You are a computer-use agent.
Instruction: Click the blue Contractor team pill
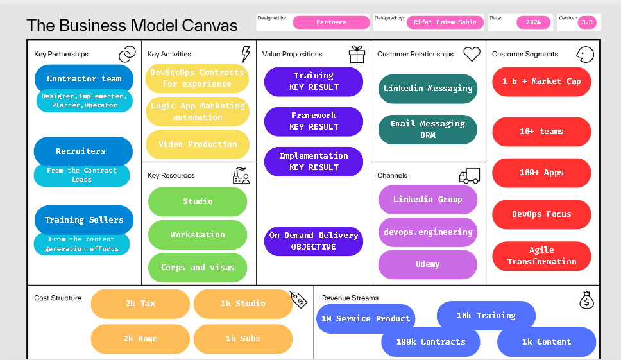(x=84, y=78)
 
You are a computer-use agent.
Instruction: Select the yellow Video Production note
(x=198, y=144)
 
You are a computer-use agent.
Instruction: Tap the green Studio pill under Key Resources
(x=198, y=201)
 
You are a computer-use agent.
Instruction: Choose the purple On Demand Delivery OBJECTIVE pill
(x=314, y=241)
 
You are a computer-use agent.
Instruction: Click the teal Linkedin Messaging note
(x=428, y=89)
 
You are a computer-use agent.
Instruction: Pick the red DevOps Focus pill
(x=541, y=214)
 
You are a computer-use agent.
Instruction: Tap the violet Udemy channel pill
(x=428, y=264)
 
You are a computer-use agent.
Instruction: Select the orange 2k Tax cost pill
(x=140, y=304)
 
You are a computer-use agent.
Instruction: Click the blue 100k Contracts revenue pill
(x=431, y=342)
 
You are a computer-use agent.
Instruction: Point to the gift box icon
(x=357, y=55)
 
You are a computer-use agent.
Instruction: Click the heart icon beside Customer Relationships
(x=472, y=54)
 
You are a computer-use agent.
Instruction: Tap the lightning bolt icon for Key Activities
(x=246, y=54)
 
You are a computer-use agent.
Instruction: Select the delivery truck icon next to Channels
(x=470, y=176)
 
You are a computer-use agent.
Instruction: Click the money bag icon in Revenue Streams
(x=586, y=300)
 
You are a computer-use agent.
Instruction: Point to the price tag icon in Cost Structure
(x=298, y=300)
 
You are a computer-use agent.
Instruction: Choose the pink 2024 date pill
(x=534, y=22)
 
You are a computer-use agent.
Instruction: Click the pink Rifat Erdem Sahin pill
(x=445, y=22)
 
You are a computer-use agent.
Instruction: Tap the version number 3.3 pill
(x=587, y=22)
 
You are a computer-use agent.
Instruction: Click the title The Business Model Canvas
(x=132, y=25)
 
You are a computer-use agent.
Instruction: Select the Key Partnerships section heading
(x=61, y=55)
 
